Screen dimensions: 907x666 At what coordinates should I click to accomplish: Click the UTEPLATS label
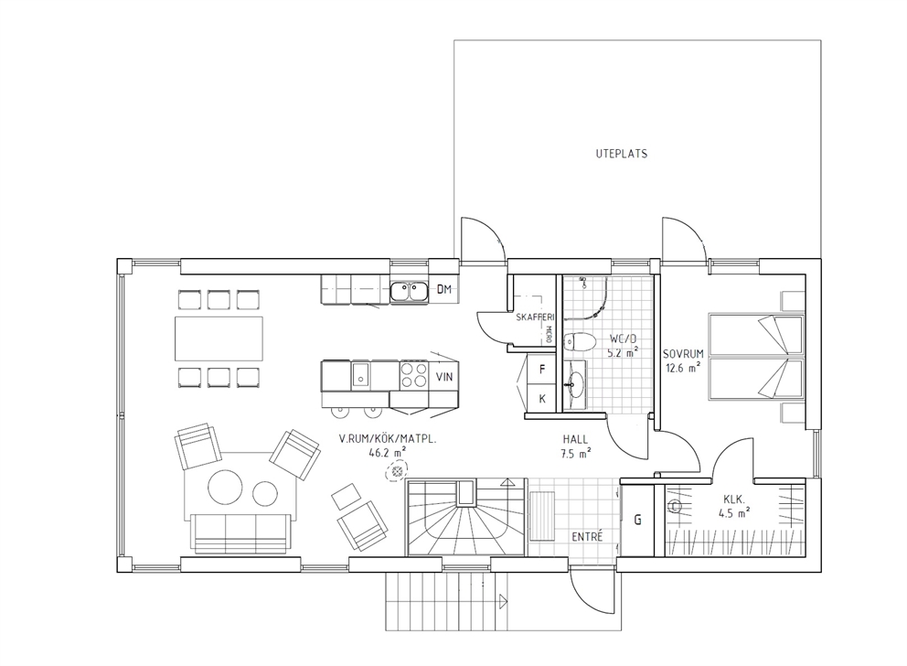point(621,154)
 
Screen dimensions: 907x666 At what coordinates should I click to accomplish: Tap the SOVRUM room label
point(683,354)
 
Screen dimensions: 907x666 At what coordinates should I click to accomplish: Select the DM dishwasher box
point(443,289)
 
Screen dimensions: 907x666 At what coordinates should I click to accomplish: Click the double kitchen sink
point(409,291)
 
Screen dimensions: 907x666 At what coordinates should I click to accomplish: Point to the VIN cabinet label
point(444,377)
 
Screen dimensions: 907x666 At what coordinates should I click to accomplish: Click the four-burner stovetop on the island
point(413,375)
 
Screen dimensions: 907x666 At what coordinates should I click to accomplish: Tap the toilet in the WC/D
point(580,343)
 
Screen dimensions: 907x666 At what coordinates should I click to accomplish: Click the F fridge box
point(542,370)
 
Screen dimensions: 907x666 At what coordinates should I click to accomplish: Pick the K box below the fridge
point(542,398)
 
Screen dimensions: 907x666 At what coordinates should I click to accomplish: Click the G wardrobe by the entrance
point(637,520)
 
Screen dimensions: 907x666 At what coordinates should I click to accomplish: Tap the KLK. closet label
point(733,499)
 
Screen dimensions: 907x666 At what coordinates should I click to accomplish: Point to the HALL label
point(575,440)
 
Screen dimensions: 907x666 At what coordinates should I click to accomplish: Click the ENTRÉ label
point(587,537)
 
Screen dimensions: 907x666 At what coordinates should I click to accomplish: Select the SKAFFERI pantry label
point(535,317)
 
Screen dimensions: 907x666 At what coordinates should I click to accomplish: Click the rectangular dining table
point(219,338)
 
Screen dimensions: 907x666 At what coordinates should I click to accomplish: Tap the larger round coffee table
point(226,488)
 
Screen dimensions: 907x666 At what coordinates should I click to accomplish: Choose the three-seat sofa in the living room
point(241,533)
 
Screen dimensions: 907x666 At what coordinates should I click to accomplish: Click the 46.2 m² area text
point(387,453)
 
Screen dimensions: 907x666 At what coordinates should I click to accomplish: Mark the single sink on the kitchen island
point(360,374)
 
